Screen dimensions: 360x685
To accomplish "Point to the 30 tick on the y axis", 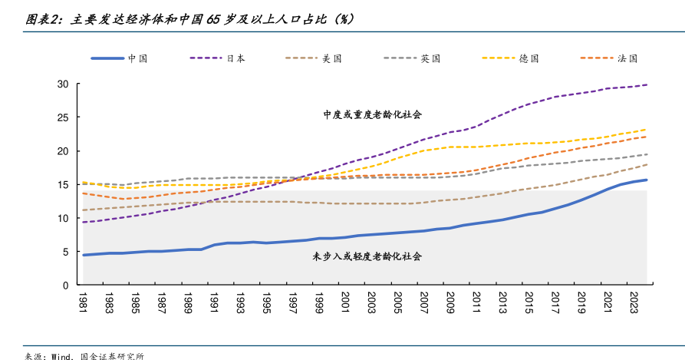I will tap(63, 84).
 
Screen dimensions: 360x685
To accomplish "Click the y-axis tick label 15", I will tap(63, 184).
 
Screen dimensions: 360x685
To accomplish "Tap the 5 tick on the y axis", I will tap(65, 252).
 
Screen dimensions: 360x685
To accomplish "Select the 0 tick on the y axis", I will tap(65, 286).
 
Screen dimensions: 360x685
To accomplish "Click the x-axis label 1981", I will tap(84, 301).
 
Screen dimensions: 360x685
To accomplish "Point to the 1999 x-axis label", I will tap(319, 301).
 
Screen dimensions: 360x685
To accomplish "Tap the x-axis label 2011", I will tap(476, 301).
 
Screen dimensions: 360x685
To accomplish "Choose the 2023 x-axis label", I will tap(634, 301).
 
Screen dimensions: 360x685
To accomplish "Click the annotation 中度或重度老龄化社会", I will tap(373, 114).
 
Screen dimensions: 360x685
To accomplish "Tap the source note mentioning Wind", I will tap(84, 355).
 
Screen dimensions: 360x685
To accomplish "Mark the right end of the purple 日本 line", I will tap(647, 84).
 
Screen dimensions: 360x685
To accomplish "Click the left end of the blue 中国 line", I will tap(84, 255).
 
